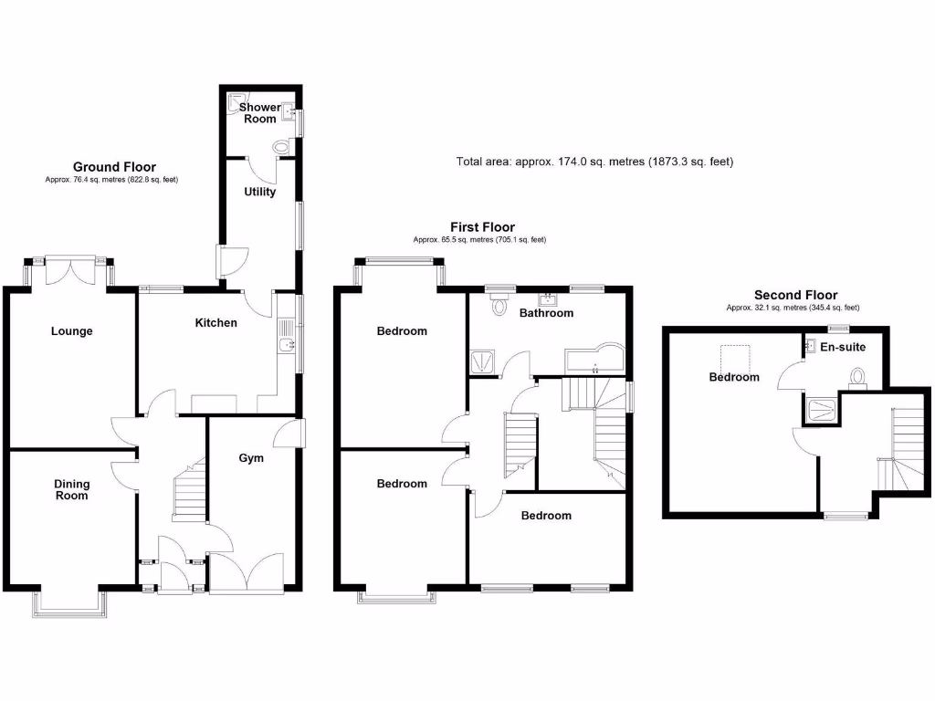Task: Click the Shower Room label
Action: [x=260, y=113]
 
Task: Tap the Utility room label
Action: [x=259, y=192]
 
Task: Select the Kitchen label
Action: [x=216, y=323]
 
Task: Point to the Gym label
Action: [x=251, y=457]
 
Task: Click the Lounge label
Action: [x=71, y=331]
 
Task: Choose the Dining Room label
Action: [x=71, y=490]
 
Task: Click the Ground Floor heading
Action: [x=114, y=167]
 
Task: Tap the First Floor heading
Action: [x=482, y=227]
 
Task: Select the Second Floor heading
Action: [x=795, y=295]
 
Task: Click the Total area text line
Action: [x=594, y=162]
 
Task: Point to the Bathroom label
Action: [x=546, y=313]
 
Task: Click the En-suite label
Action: [x=843, y=347]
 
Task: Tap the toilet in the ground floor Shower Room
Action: [x=281, y=146]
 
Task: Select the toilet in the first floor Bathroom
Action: [x=499, y=306]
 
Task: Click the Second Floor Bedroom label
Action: [x=734, y=377]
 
